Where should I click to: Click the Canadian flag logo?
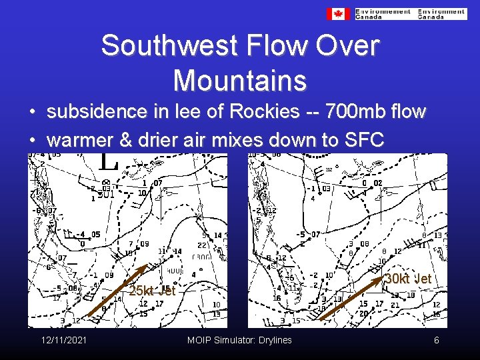coord(338,13)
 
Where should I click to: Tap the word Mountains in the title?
coord(240,81)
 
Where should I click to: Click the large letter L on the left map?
coord(108,161)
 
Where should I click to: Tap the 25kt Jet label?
coord(152,291)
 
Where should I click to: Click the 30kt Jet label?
coord(409,279)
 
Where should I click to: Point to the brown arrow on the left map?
coord(119,293)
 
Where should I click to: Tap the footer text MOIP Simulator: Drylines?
coord(239,341)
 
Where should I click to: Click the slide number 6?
coord(436,341)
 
